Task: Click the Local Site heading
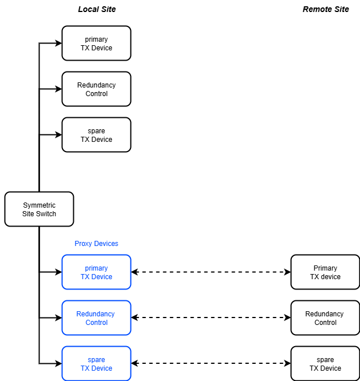point(97,9)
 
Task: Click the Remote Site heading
point(326,9)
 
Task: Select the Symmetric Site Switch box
point(39,209)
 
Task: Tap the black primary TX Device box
point(96,43)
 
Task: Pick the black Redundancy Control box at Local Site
point(96,89)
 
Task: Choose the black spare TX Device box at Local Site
point(96,135)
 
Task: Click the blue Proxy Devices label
point(96,244)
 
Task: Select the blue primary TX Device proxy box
point(96,272)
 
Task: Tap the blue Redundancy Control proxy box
point(96,318)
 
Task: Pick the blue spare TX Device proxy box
point(96,364)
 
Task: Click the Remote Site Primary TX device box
point(325,272)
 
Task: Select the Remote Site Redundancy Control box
point(325,318)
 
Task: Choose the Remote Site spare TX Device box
point(325,364)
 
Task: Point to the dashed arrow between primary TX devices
point(211,272)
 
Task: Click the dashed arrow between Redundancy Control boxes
point(211,318)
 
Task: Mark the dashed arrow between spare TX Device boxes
point(211,364)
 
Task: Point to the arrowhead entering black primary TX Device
point(58,43)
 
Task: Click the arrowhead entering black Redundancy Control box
point(58,89)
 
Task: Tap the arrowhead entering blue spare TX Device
point(58,364)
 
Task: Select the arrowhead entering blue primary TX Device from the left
point(58,272)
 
